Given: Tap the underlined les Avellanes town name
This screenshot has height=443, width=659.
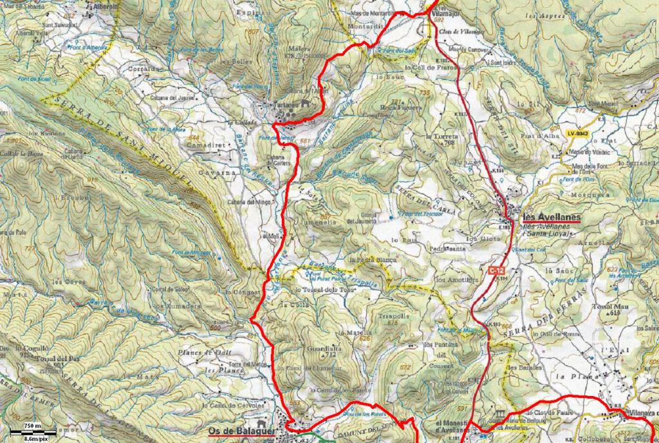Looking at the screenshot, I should click(551, 218).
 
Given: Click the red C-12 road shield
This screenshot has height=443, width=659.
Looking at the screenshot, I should click(494, 270).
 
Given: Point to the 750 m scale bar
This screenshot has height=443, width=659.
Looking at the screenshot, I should click(30, 430).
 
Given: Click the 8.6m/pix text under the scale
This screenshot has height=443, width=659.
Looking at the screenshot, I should click(30, 438).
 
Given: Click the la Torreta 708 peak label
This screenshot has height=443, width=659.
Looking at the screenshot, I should click(441, 140).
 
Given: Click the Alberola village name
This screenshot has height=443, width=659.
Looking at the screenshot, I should click(106, 6).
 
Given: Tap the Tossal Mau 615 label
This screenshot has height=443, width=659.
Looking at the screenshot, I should click(605, 308).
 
